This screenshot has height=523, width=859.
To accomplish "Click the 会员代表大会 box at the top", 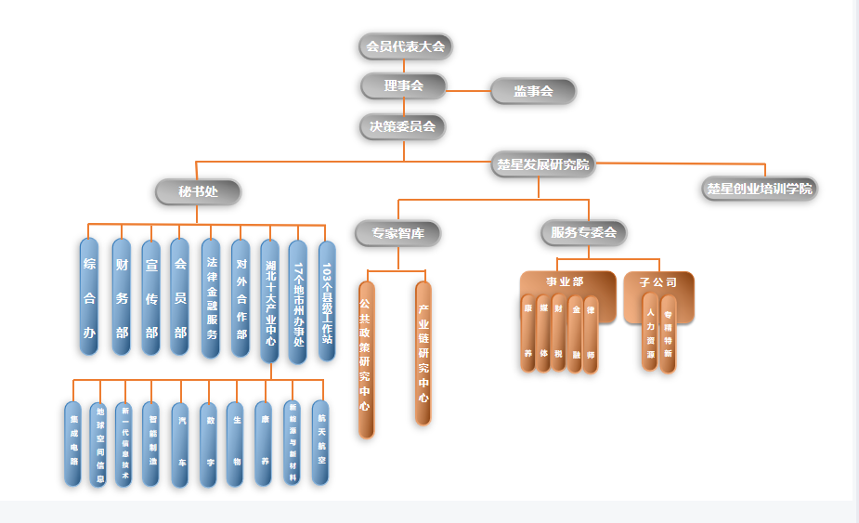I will pyautogui.click(x=405, y=46).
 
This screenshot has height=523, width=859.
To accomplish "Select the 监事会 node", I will pyautogui.click(x=533, y=91).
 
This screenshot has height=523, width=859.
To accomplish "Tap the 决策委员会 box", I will pyautogui.click(x=403, y=126).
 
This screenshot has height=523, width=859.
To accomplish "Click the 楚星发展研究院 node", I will pyautogui.click(x=542, y=165).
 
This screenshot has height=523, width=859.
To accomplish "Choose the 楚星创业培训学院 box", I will pyautogui.click(x=759, y=189).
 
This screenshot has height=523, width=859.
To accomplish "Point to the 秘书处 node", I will pyautogui.click(x=198, y=192).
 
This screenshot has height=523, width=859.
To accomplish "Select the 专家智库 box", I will pyautogui.click(x=397, y=233).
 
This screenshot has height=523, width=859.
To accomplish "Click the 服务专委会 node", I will pyautogui.click(x=583, y=232).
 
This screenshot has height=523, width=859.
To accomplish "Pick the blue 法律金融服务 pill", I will pyautogui.click(x=212, y=297).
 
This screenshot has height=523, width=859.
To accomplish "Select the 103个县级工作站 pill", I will pyautogui.click(x=327, y=297).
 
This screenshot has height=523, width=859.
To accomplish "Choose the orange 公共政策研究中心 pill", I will pyautogui.click(x=366, y=358).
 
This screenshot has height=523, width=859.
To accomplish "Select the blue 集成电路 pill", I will pyautogui.click(x=73, y=444).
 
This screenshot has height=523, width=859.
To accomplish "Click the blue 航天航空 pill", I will pyautogui.click(x=320, y=443).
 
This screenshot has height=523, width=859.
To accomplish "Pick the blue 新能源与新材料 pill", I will pyautogui.click(x=293, y=443).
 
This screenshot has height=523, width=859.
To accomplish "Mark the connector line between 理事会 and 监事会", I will pyautogui.click(x=468, y=90).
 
